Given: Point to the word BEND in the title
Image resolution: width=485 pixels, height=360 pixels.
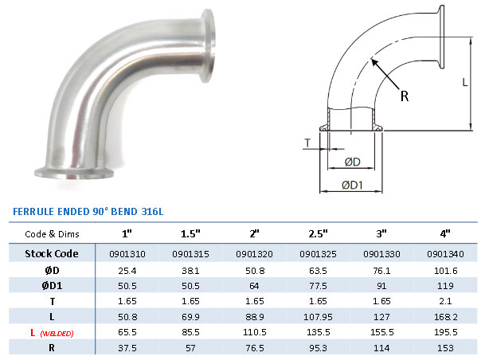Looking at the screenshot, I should [x=120, y=212].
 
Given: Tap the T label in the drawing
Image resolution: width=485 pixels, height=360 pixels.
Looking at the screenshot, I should [x=307, y=143].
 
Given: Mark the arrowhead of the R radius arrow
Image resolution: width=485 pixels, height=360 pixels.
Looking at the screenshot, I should [x=371, y=60].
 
